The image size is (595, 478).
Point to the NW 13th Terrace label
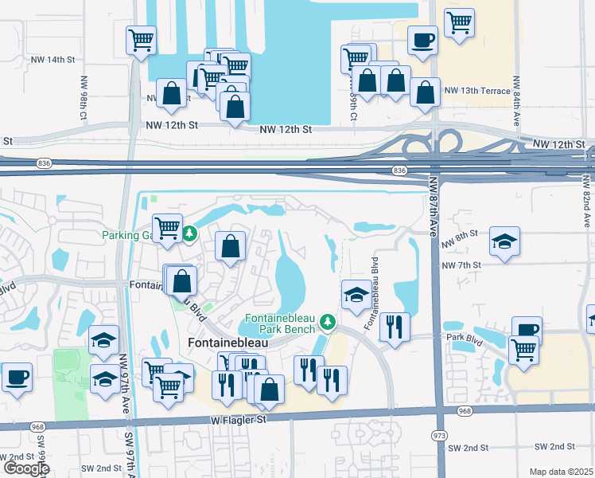(x=477, y=91)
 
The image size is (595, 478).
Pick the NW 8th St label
(x=461, y=234)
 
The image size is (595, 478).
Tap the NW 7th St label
(x=461, y=264)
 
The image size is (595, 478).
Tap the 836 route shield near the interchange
(x=399, y=170)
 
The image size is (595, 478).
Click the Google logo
(x=25, y=468)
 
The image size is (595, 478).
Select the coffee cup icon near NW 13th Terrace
(x=422, y=39)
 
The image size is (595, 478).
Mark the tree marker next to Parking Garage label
(x=189, y=233)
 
